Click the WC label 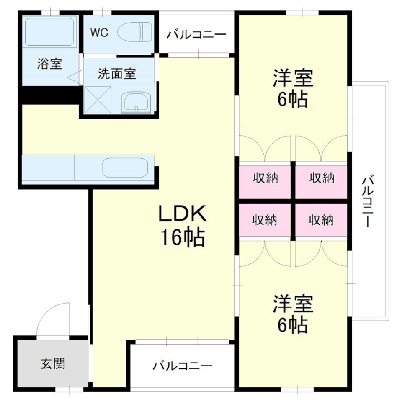tap(99, 33)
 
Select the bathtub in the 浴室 tap(50, 32)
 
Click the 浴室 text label tap(49, 64)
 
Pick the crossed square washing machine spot tap(97, 100)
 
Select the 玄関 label tap(53, 363)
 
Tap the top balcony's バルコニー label tap(196, 35)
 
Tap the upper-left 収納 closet tap(265, 179)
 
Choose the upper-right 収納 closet tap(322, 179)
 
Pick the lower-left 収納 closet tap(265, 220)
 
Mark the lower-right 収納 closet tap(321, 220)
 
